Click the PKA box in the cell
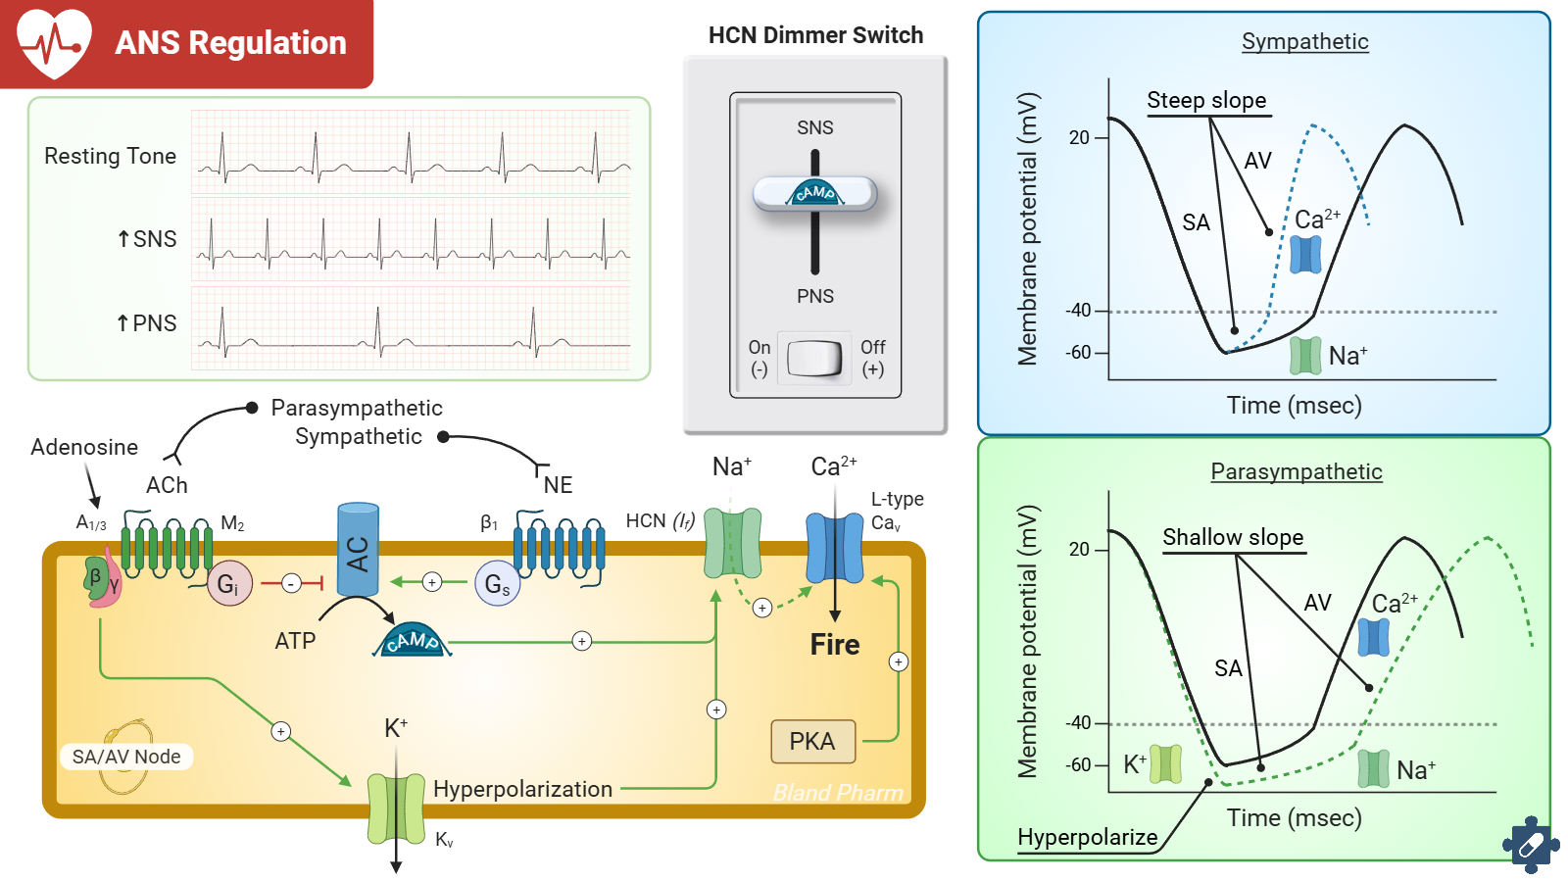click(812, 742)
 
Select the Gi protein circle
click(229, 584)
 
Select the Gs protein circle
click(497, 584)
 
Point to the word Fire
click(834, 645)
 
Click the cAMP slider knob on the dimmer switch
click(814, 193)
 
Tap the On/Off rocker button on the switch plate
click(814, 358)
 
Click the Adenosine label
click(84, 447)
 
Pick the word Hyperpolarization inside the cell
click(522, 789)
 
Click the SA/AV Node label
click(126, 757)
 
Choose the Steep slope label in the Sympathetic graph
click(1206, 101)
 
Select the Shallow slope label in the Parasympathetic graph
click(1233, 538)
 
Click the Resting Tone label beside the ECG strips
click(110, 157)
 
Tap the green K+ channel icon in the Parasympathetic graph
click(1165, 764)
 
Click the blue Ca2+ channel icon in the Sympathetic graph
click(1305, 254)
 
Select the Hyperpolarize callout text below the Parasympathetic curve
click(1088, 838)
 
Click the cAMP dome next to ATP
click(412, 641)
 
